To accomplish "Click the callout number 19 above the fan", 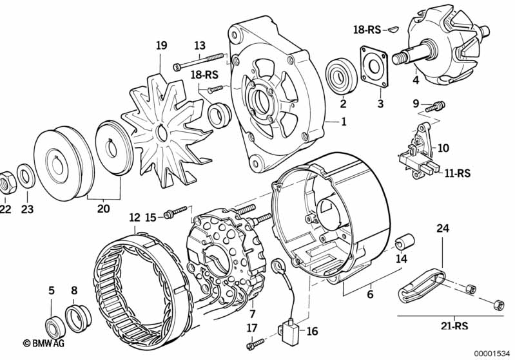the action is pyautogui.click(x=161, y=45).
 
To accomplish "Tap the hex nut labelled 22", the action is pyautogui.click(x=7, y=182).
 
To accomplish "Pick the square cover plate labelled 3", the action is pyautogui.click(x=373, y=67).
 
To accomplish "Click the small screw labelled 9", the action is pyautogui.click(x=436, y=106).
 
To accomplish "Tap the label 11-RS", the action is pyautogui.click(x=457, y=173).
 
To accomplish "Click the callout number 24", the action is pyautogui.click(x=442, y=228).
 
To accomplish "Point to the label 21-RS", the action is pyautogui.click(x=454, y=325).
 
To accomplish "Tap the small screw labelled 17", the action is pyautogui.click(x=255, y=344).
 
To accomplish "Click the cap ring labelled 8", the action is pyautogui.click(x=78, y=317).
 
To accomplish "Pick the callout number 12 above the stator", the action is pyautogui.click(x=135, y=218).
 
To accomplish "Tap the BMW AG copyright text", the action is pyautogui.click(x=44, y=343).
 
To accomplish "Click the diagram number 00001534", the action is pyautogui.click(x=492, y=354).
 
